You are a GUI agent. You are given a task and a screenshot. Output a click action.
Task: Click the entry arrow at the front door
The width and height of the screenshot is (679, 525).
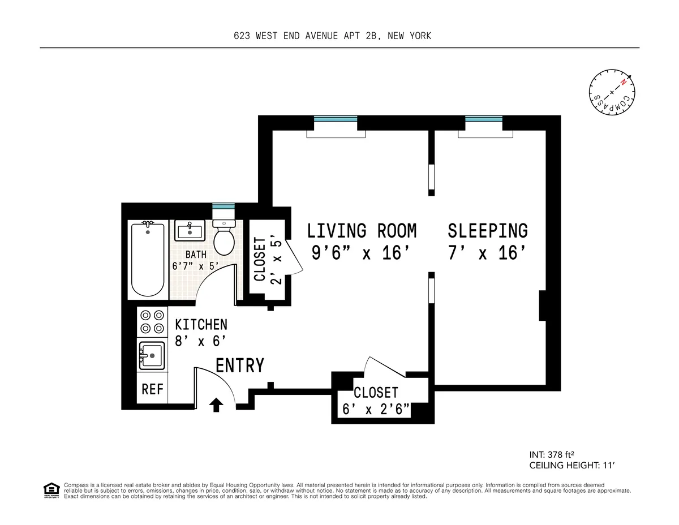click(x=216, y=404)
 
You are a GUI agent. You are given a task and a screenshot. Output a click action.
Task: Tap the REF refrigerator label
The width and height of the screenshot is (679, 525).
click(x=152, y=390)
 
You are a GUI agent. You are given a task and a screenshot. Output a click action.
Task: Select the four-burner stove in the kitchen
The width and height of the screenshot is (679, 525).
click(x=152, y=322)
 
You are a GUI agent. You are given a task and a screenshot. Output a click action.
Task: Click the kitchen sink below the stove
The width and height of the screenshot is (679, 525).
click(x=152, y=355)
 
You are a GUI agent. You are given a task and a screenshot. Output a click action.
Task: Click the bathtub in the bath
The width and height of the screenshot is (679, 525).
click(x=147, y=259)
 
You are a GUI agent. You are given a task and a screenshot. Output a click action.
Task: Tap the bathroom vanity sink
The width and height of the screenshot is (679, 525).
click(x=190, y=231)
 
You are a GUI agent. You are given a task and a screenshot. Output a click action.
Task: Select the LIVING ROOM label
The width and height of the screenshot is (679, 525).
click(x=362, y=231)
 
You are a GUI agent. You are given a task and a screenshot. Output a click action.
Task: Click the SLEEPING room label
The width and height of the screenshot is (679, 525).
click(x=488, y=231)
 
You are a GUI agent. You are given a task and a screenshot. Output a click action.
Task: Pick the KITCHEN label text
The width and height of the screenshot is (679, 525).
click(x=201, y=325)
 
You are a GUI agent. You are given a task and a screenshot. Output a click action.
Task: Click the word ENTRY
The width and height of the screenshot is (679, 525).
click(x=240, y=366)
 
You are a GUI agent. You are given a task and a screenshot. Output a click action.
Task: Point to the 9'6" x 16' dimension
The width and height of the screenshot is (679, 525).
click(x=360, y=253)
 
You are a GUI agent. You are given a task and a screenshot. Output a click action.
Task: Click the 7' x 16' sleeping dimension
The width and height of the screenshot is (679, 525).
click(x=483, y=253)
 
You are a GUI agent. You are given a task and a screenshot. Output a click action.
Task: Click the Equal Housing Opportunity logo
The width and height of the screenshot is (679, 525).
click(x=51, y=490)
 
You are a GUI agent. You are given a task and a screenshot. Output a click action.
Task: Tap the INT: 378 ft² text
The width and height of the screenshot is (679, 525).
click(x=552, y=454)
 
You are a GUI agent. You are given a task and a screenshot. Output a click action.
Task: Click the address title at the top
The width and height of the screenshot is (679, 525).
click(x=333, y=36)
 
